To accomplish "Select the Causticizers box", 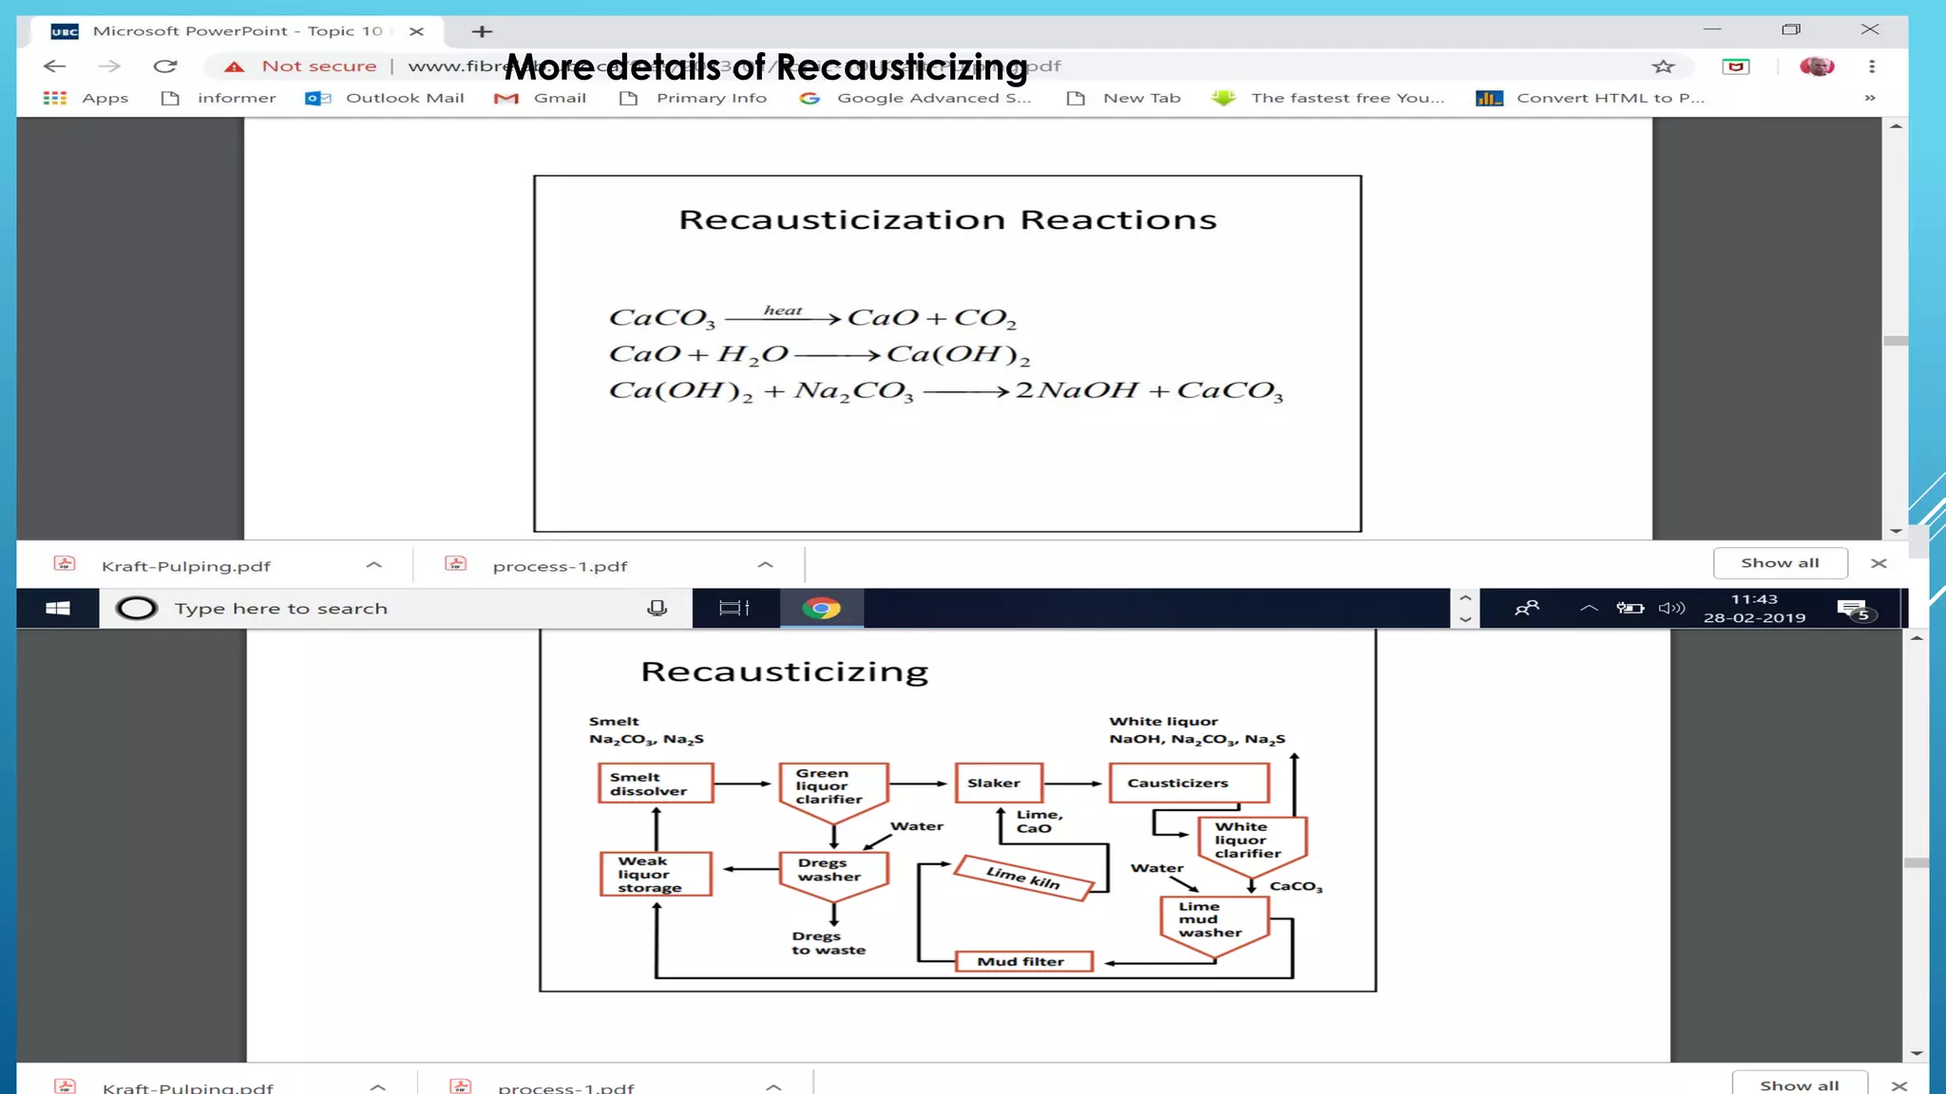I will [x=1188, y=783].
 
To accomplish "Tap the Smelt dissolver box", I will [x=655, y=783].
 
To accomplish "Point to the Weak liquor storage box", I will [x=655, y=874].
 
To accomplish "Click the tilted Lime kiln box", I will [x=1023, y=877].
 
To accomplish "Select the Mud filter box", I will [x=1022, y=962].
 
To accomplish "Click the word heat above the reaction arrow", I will [x=782, y=311].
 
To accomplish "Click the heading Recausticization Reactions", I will [x=947, y=220].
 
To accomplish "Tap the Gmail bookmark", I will [x=541, y=98].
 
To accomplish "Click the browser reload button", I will [x=165, y=66].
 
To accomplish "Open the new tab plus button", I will [x=482, y=32].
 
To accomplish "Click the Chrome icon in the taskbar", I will [x=821, y=609].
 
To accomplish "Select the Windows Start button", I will [x=58, y=609].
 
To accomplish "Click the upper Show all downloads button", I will [x=1779, y=563].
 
